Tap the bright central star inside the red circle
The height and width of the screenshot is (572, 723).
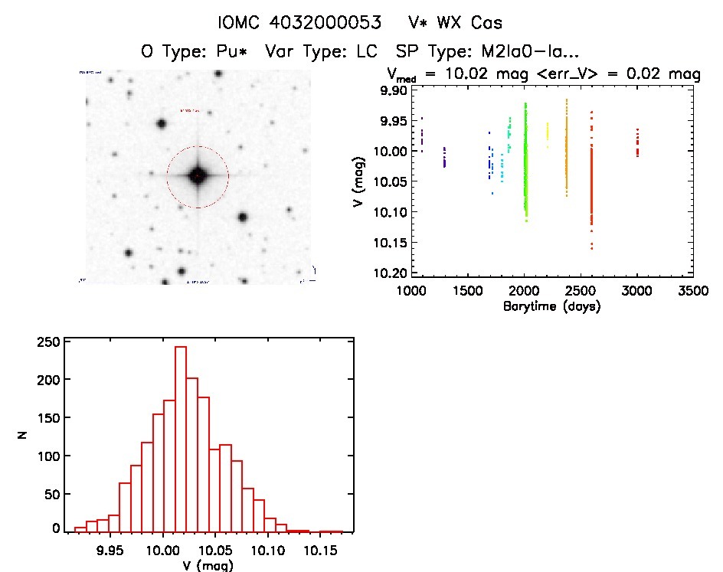pos(198,177)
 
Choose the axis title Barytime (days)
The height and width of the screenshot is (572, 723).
pos(551,306)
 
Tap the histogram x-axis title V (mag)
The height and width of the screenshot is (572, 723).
pos(203,565)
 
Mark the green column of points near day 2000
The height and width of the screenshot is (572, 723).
pos(526,161)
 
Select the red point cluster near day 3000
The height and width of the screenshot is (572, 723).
pos(637,143)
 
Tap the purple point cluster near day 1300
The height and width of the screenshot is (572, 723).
pos(444,157)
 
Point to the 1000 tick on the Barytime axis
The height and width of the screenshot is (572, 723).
pos(412,291)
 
